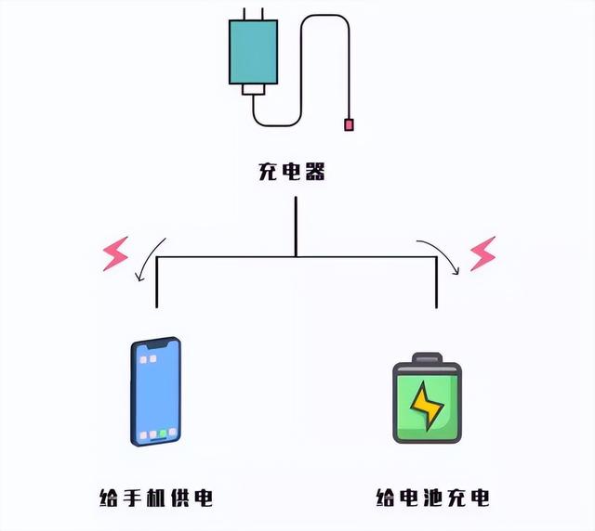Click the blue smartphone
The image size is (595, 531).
click(x=155, y=391)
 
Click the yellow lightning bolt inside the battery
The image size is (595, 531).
click(x=428, y=405)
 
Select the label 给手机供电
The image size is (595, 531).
click(x=155, y=498)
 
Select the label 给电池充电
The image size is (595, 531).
click(x=433, y=498)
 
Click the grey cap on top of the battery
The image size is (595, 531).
click(x=428, y=359)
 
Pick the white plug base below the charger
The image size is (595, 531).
click(x=253, y=90)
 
